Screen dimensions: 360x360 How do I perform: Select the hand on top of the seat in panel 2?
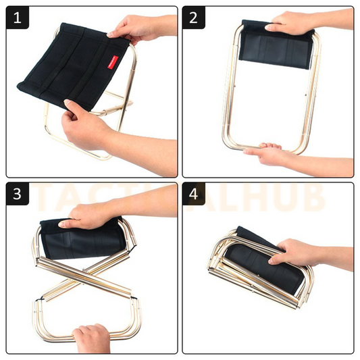(290, 25)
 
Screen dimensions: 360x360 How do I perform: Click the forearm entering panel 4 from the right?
(334, 257)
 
